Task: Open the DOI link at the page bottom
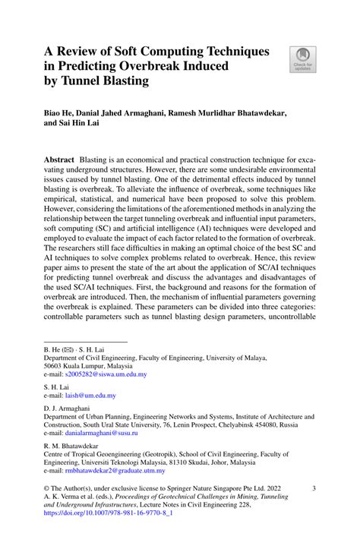point(109,533)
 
